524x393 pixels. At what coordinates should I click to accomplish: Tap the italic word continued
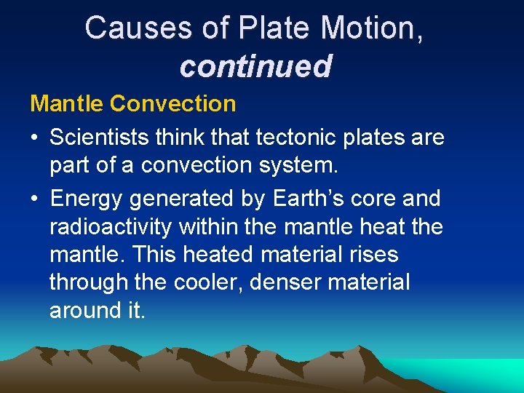(255, 66)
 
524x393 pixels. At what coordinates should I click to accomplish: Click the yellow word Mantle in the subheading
(67, 103)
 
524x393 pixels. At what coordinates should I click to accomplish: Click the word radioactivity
(111, 227)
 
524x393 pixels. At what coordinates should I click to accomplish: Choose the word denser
(285, 282)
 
